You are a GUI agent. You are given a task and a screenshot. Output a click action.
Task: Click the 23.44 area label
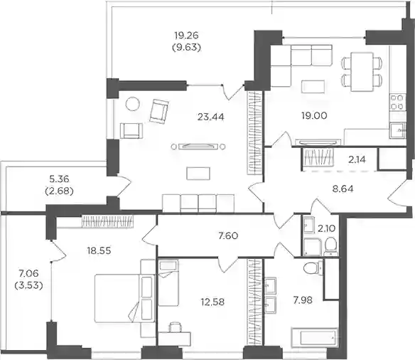(x=210, y=117)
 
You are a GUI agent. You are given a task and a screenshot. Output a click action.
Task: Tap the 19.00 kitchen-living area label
(x=314, y=115)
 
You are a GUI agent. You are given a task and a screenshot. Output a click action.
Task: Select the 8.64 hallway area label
(x=343, y=189)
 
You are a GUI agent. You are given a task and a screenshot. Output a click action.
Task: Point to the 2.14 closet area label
(x=357, y=159)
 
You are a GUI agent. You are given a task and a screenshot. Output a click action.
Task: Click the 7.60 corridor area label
(x=228, y=235)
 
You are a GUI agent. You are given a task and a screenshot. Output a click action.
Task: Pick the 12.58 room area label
(x=212, y=302)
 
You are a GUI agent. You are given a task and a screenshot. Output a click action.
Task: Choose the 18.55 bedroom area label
(x=99, y=250)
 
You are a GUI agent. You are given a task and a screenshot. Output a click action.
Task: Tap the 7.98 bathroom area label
(x=303, y=300)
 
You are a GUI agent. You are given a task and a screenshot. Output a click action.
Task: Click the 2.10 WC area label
(x=327, y=228)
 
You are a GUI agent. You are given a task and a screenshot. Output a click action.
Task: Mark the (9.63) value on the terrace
(x=187, y=48)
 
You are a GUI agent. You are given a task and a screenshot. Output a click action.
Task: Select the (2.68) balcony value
(x=59, y=191)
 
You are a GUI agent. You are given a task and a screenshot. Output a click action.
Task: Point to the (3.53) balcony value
(x=28, y=285)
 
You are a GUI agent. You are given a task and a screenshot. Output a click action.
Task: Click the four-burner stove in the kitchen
(x=397, y=102)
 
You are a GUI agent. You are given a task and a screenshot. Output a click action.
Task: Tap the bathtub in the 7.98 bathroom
(x=314, y=338)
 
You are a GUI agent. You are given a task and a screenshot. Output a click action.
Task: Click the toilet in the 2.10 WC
(x=330, y=246)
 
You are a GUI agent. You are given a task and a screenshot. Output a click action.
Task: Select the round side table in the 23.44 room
(x=132, y=104)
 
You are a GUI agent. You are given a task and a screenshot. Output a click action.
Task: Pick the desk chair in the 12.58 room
(x=176, y=327)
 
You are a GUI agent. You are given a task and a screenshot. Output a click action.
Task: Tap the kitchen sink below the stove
(x=397, y=130)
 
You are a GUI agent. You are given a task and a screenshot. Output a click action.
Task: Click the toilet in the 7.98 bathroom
(x=313, y=268)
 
